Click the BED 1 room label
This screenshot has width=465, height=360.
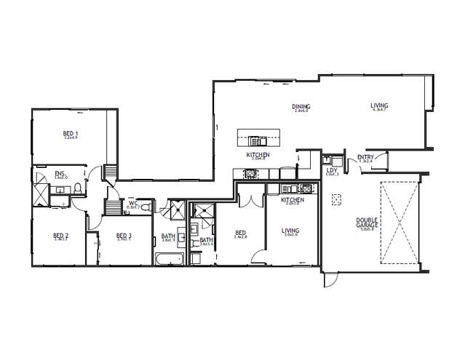[x=71, y=135]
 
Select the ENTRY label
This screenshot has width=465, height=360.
[x=365, y=157]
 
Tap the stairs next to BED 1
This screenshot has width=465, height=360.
[x=111, y=172]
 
